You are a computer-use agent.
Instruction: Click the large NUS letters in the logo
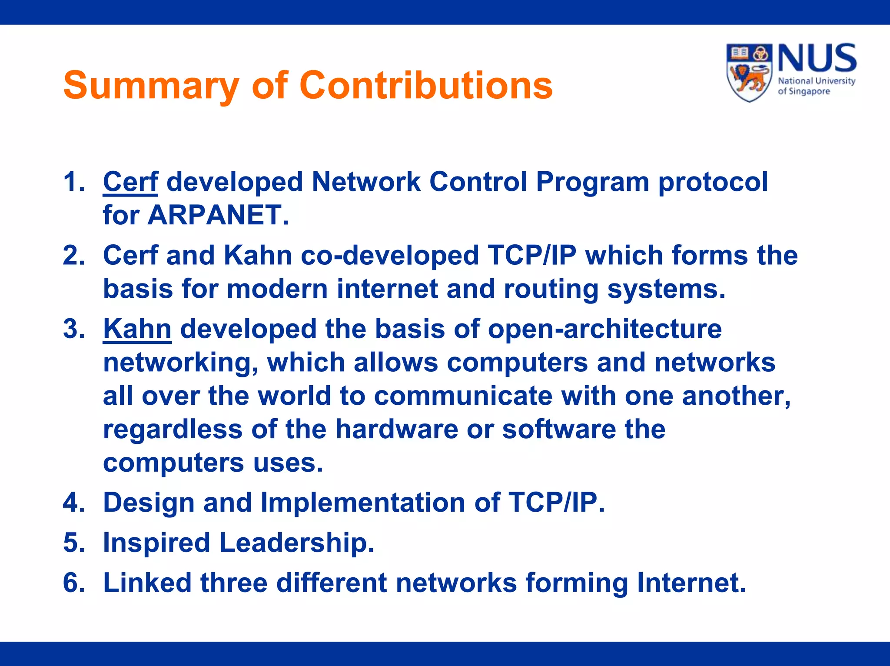tap(817, 59)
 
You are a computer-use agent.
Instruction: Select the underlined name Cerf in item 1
tap(130, 182)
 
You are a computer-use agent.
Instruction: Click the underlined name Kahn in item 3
tap(137, 329)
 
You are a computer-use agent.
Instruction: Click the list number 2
tap(73, 256)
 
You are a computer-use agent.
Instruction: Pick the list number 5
tap(73, 543)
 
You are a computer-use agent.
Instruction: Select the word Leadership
tap(297, 543)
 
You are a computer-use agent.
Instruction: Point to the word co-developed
tap(390, 256)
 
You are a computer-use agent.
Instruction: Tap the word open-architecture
tap(604, 329)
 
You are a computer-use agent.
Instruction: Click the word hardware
tap(396, 430)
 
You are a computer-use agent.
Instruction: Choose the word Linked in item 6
tap(147, 583)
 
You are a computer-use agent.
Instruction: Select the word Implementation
tap(363, 503)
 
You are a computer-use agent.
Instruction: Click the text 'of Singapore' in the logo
tap(804, 92)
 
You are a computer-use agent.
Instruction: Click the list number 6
tap(73, 583)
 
